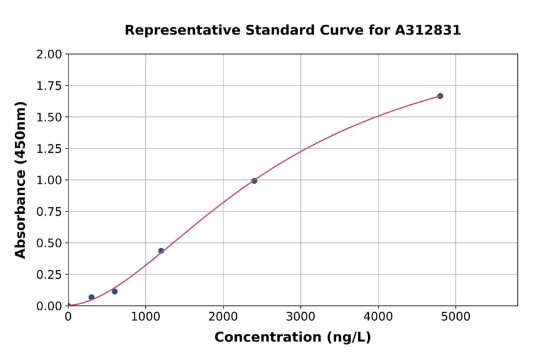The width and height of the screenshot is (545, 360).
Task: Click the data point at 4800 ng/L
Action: point(440,96)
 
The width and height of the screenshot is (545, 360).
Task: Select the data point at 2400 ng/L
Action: point(254,181)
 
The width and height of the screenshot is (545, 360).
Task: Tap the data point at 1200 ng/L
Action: point(161,250)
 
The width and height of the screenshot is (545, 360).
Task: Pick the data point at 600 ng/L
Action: point(114,292)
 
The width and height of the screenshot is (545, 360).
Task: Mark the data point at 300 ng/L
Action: point(91,297)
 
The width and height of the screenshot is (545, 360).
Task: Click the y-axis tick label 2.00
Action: point(49,55)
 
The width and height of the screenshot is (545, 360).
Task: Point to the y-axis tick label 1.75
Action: point(49,86)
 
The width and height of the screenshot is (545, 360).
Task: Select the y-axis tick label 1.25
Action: point(49,148)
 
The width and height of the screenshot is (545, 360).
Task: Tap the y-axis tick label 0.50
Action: point(49,243)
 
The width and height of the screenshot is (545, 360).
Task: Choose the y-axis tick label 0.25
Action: point(49,275)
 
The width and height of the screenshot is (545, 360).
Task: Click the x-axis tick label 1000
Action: point(145,316)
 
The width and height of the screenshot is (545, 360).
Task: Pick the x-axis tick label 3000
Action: point(300,316)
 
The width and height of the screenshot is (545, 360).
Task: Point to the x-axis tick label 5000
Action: point(455,316)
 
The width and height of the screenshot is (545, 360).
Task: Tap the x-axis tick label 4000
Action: point(378,316)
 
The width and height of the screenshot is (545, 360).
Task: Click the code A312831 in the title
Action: point(428,30)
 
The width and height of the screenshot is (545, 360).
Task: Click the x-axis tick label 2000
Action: point(223,316)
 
